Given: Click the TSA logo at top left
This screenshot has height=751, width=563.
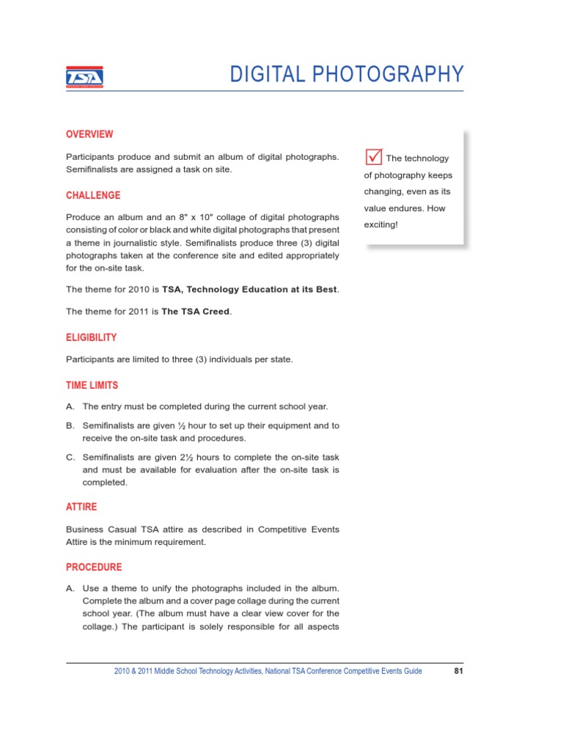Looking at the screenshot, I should (84, 76).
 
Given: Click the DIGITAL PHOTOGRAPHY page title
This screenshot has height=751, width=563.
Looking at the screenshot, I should (346, 75).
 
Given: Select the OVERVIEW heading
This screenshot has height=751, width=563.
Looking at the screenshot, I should (89, 134).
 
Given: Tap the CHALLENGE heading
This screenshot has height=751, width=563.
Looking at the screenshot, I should (93, 196).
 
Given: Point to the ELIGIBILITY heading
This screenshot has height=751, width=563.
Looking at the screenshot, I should (91, 337).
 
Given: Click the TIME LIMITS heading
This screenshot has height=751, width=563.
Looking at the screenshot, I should (92, 385).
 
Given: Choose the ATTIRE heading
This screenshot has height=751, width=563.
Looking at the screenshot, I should (81, 507).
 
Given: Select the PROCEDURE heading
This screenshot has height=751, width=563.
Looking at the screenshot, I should (94, 567).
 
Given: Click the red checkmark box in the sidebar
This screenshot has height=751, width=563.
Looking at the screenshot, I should (373, 157).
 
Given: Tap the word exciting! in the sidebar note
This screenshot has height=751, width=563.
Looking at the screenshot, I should (380, 224).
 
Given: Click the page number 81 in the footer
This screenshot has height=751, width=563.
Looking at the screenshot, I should (457, 671).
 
